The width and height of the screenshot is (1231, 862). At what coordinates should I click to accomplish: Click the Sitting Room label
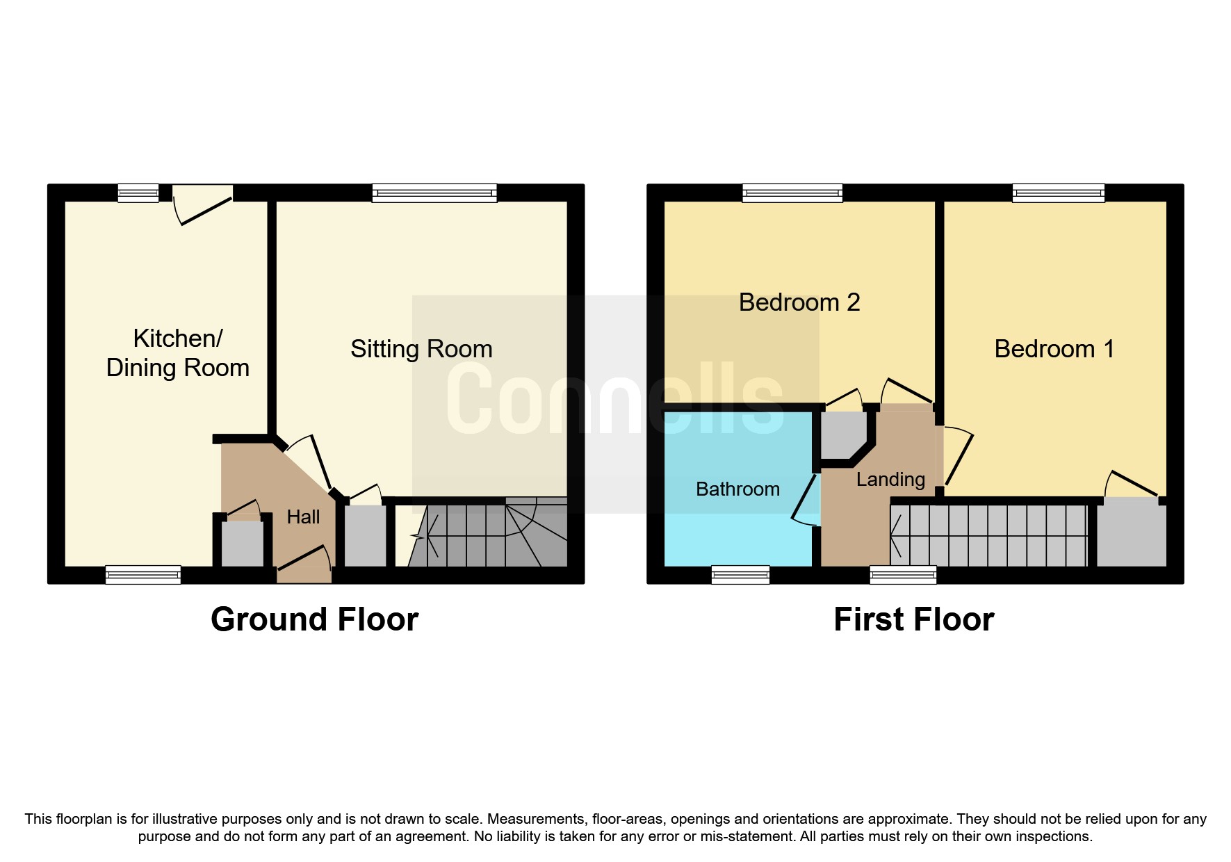pos(421,349)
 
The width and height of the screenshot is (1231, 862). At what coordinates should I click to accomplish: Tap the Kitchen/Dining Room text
pos(178,353)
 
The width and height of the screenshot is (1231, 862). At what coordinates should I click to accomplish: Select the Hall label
pos(303,517)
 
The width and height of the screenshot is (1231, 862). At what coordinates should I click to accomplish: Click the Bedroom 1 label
pos(1054,349)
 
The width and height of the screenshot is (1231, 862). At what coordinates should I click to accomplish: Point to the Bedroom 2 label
pos(799,302)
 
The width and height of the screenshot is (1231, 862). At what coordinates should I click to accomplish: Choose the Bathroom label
pos(737,489)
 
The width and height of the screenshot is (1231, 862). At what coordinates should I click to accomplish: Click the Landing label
pos(890,480)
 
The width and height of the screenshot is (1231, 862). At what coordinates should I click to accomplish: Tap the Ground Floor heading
pos(314,619)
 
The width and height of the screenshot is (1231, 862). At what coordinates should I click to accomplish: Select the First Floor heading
pos(913,619)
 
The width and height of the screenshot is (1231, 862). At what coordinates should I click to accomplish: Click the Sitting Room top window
pos(434,193)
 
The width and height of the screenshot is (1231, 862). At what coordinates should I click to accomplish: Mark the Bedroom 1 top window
pos(1058,193)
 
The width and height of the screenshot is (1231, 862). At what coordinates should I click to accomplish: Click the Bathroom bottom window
pos(740,575)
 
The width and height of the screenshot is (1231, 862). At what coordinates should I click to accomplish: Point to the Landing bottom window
pos(903,575)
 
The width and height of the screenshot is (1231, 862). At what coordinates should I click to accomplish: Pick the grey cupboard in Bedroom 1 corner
pos(1131,532)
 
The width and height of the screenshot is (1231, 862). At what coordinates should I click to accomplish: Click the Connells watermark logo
pos(615,400)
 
